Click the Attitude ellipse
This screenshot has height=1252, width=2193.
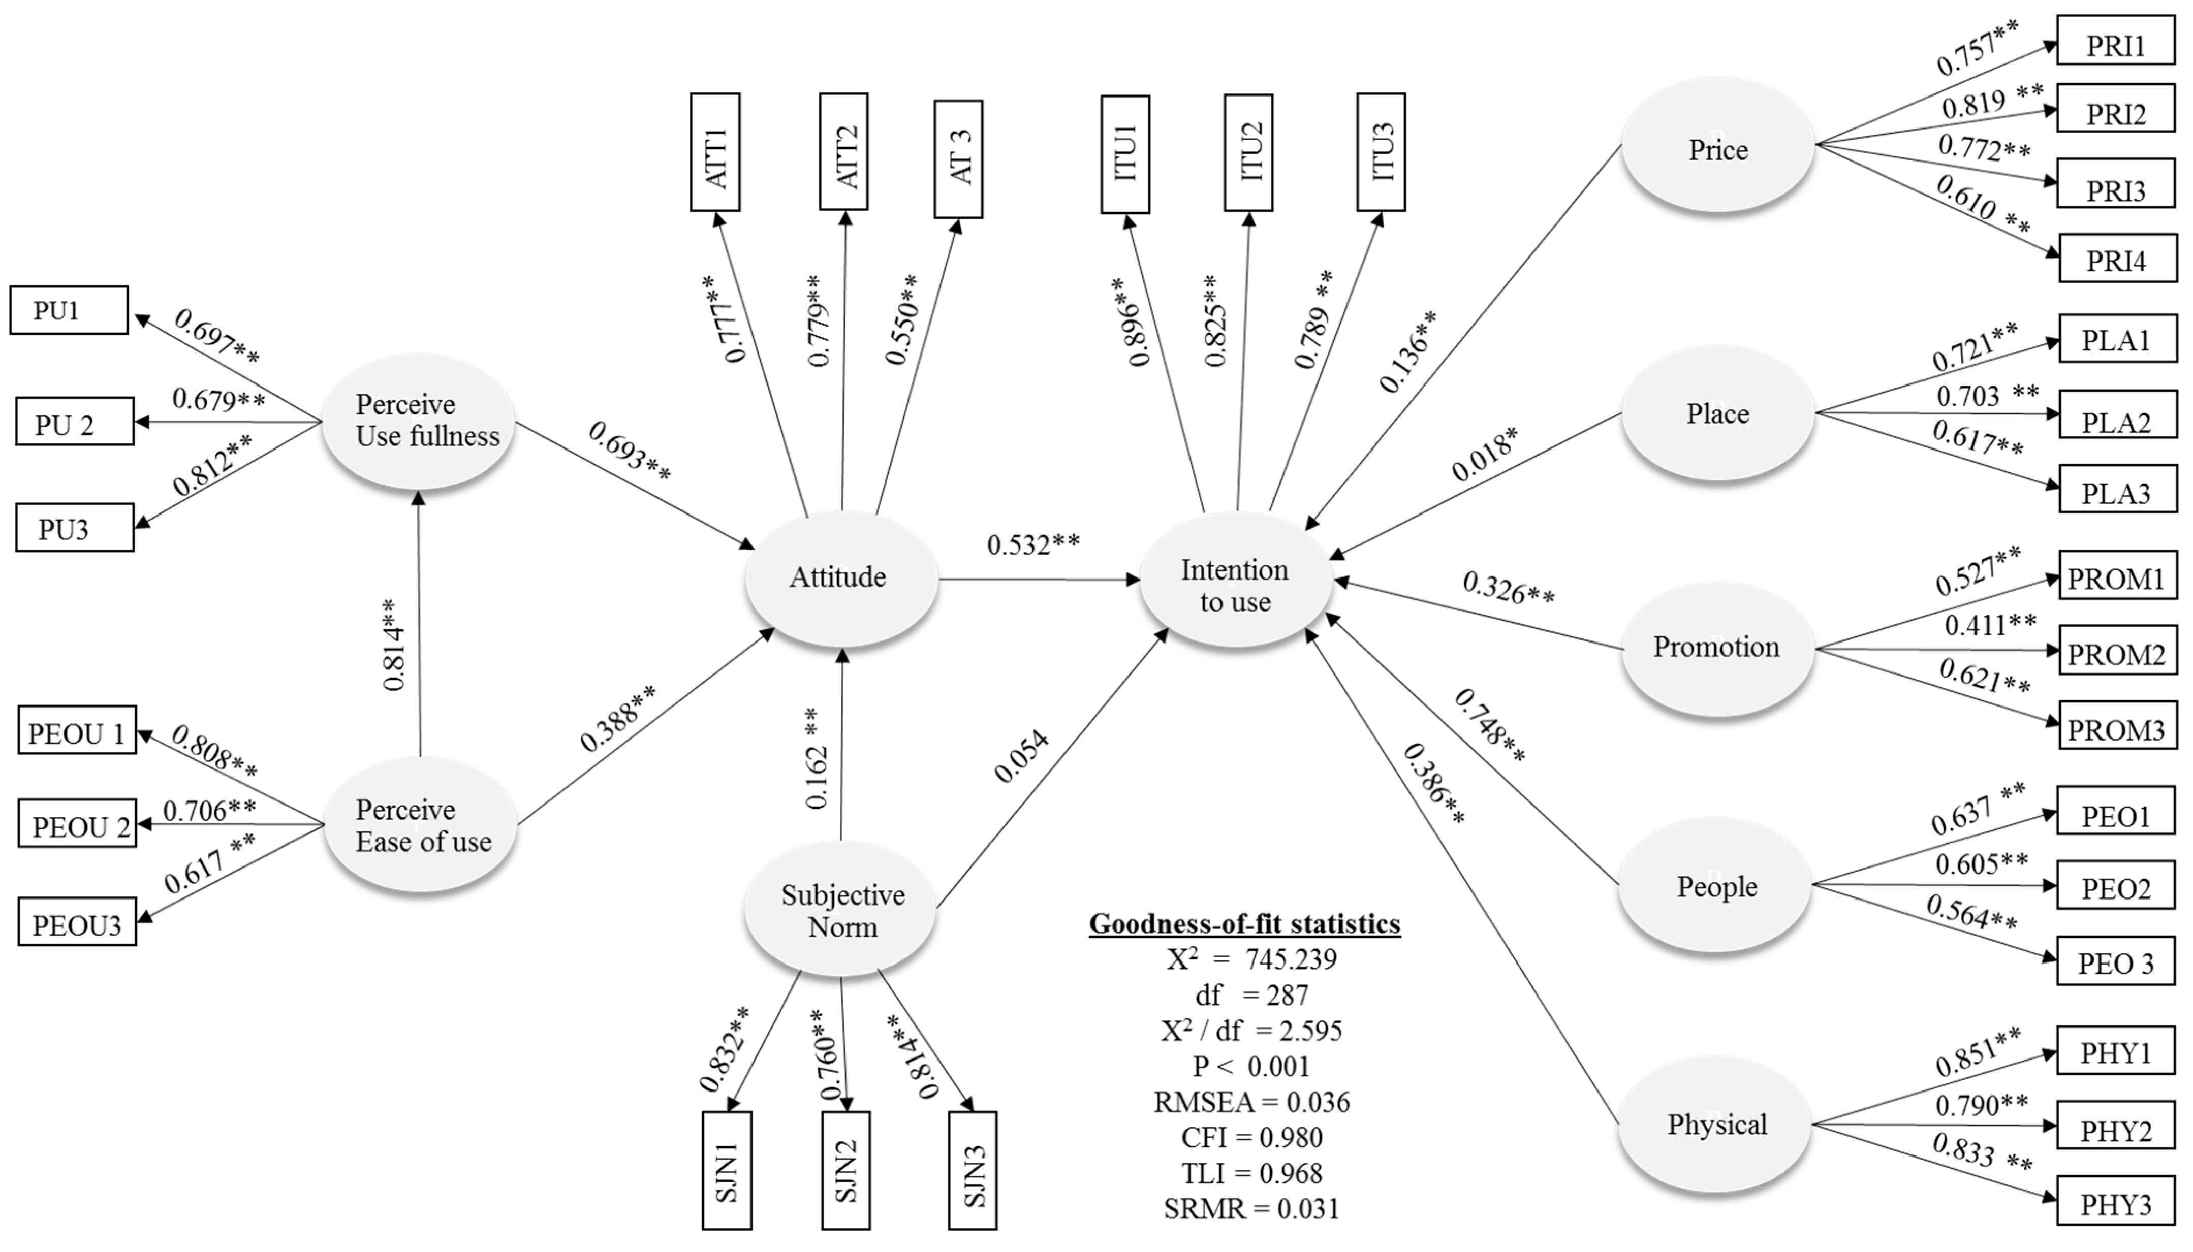click(841, 578)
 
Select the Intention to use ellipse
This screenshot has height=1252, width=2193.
click(1236, 581)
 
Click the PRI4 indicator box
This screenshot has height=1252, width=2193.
click(2117, 258)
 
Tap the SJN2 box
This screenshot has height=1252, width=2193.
click(845, 1170)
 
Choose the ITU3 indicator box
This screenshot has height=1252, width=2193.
click(1381, 152)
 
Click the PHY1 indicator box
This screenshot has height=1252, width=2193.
click(2116, 1050)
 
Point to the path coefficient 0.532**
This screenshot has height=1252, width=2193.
click(1033, 545)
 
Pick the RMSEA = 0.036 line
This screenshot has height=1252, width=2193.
click(1251, 1102)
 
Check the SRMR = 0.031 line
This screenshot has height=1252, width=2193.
click(1251, 1209)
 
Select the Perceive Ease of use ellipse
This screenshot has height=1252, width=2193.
click(421, 825)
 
